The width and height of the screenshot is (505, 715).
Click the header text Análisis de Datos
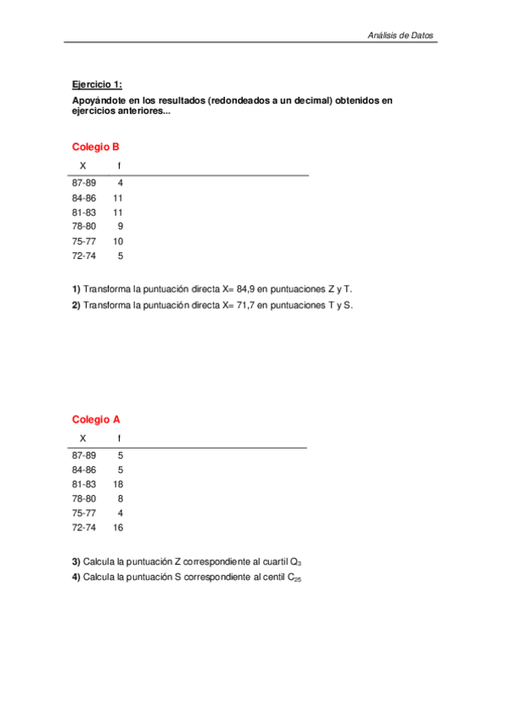tap(400, 35)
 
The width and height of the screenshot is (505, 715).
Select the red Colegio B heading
tap(95, 146)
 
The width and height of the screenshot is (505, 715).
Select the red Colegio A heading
tap(95, 419)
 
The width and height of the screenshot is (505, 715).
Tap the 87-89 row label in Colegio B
tap(84, 183)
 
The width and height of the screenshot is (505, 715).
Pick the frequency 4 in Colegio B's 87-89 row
tap(121, 183)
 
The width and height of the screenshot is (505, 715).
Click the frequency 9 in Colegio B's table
tap(121, 226)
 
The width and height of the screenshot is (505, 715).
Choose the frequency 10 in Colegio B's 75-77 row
tap(118, 240)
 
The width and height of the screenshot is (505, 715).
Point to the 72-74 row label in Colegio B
tap(84, 255)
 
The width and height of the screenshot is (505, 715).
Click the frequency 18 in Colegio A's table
tap(118, 484)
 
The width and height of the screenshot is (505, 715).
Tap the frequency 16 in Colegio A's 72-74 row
tap(118, 527)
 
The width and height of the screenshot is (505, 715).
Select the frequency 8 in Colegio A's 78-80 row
tap(121, 498)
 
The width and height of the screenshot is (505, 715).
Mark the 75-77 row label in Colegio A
tap(84, 513)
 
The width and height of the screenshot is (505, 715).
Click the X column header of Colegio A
tap(83, 438)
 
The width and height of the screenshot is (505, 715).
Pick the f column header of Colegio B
tap(119, 165)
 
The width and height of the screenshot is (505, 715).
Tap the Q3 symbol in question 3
tap(295, 562)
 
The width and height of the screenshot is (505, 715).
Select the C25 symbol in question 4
tap(294, 578)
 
